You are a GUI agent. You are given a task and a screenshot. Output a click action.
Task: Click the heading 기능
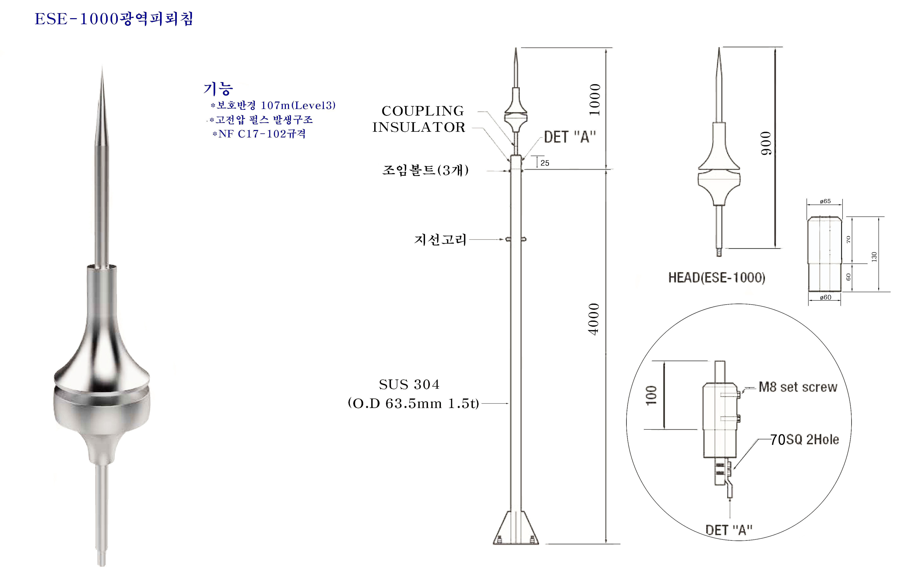tap(218, 89)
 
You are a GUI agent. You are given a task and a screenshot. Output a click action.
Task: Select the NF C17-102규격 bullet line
tap(259, 134)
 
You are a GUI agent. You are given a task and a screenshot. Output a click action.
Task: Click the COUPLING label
tap(423, 111)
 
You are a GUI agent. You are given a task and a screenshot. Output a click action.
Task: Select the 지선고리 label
tap(440, 239)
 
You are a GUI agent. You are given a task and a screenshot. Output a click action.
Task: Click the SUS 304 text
tap(409, 384)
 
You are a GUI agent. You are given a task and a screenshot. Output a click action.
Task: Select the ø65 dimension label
tap(825, 201)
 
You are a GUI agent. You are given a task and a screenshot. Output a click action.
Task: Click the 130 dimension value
tap(874, 257)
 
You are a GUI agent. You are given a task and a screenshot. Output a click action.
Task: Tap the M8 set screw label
tap(798, 387)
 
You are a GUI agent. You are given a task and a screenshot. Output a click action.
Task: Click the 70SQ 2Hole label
tap(804, 440)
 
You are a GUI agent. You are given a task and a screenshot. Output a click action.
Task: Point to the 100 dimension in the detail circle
tap(651, 395)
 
